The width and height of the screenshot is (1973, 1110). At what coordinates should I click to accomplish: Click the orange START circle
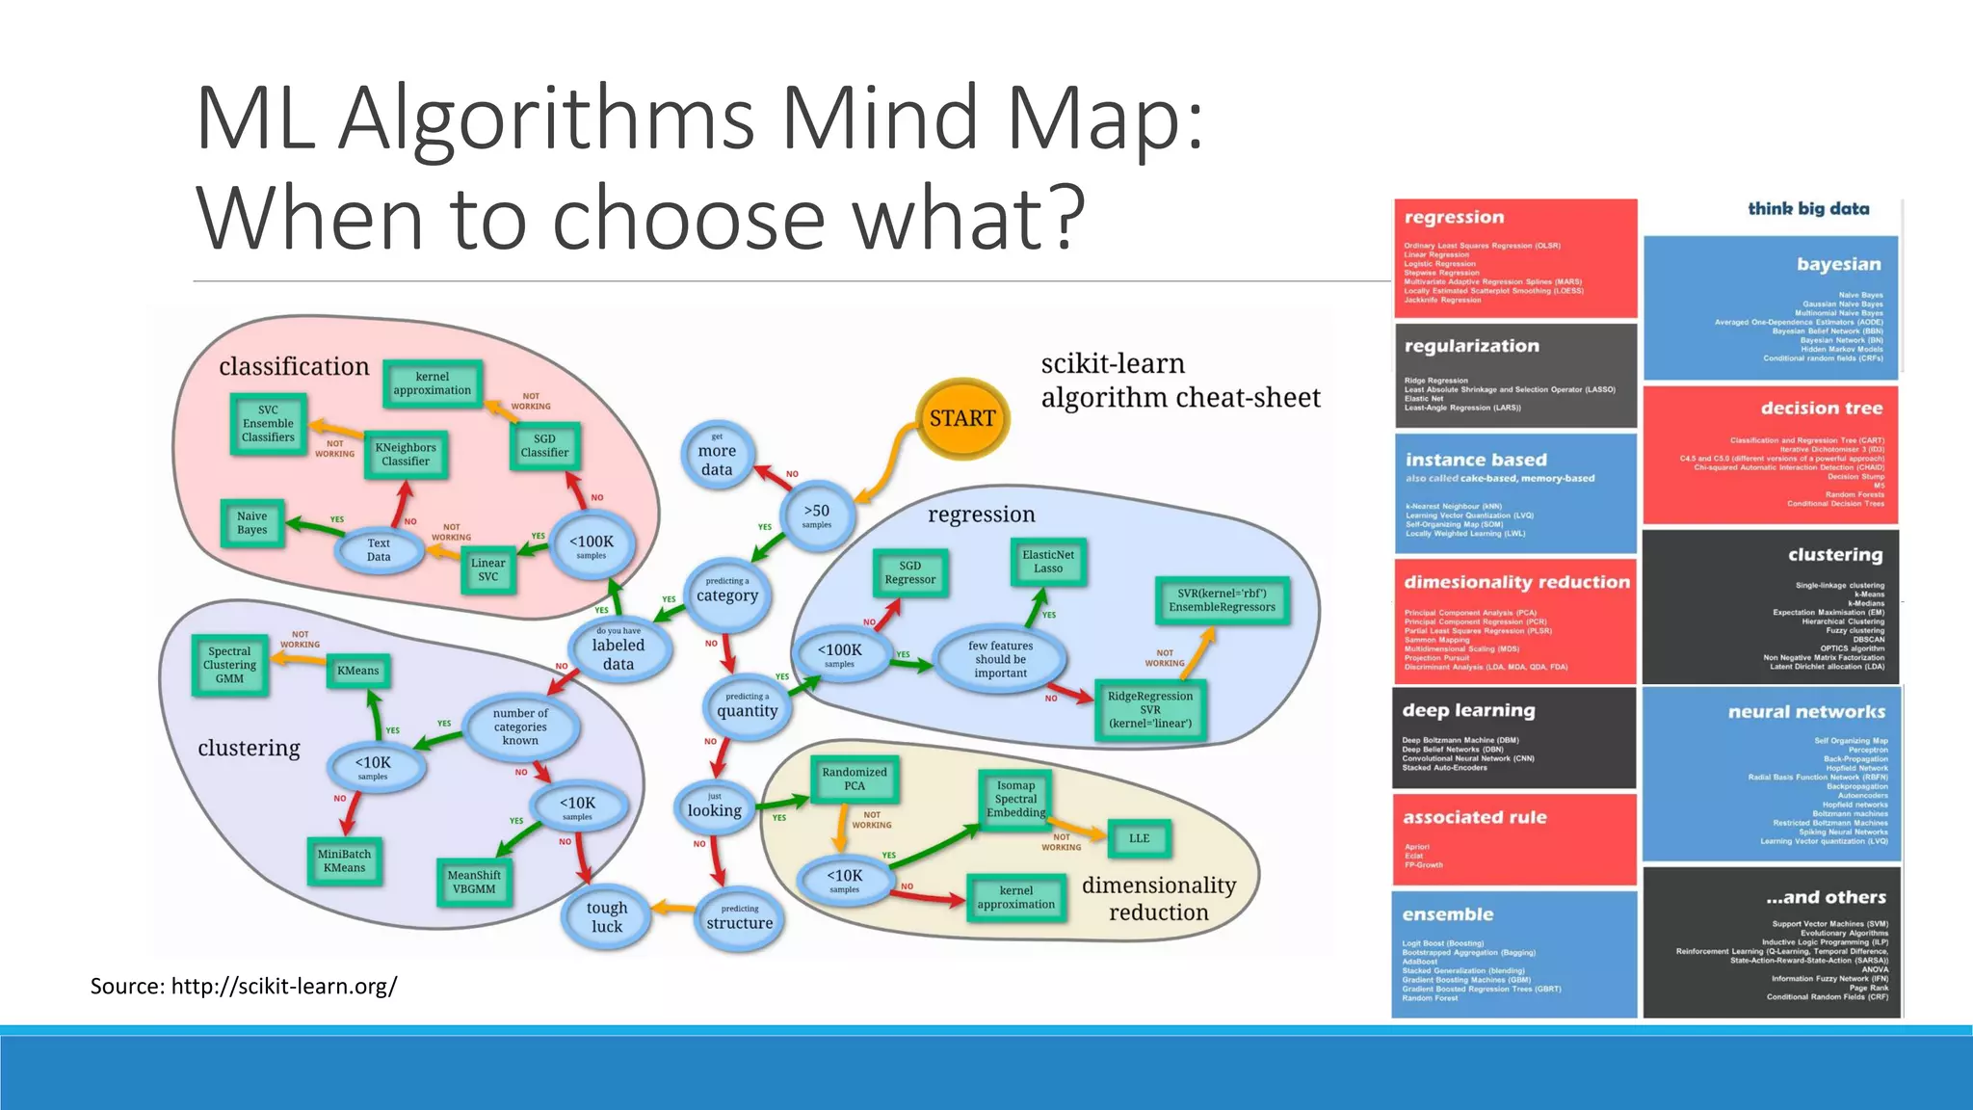click(961, 418)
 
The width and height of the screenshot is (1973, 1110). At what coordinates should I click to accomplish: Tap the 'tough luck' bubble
click(607, 916)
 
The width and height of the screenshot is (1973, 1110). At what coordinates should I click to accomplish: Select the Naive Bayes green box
click(252, 523)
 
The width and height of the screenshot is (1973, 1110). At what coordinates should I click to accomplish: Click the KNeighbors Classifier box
click(406, 455)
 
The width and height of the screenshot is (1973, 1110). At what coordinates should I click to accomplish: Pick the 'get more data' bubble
click(717, 455)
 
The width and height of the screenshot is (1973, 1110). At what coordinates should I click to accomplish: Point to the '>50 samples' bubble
click(817, 515)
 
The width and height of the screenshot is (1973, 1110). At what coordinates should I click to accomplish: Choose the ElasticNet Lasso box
click(1048, 562)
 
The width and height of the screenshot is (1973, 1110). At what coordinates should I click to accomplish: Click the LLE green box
click(1139, 838)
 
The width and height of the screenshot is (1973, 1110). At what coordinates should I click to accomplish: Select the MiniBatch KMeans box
click(344, 860)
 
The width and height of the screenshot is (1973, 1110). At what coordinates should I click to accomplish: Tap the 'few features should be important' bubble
click(1000, 659)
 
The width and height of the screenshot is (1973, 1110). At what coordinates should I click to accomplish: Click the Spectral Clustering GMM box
click(229, 665)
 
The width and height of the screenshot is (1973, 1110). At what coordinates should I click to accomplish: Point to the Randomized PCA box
click(855, 779)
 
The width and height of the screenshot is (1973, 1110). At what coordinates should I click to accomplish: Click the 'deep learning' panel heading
click(1468, 710)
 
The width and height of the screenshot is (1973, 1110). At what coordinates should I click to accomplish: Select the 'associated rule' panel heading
click(1474, 817)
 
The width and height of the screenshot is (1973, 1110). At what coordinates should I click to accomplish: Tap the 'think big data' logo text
click(1808, 209)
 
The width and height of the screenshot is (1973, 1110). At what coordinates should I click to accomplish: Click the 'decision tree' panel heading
click(1821, 409)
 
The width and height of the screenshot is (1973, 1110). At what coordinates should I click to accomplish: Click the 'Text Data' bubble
click(379, 550)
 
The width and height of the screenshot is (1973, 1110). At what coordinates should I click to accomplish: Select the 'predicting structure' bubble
click(739, 918)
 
